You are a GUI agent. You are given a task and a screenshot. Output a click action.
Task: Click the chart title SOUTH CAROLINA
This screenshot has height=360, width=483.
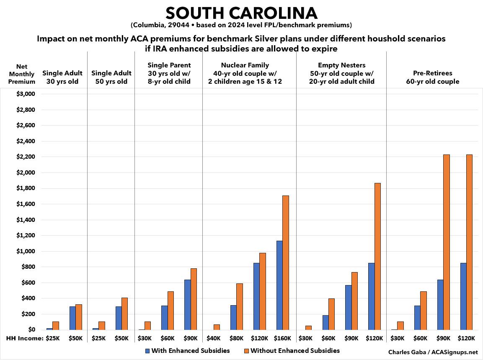pos(241,13)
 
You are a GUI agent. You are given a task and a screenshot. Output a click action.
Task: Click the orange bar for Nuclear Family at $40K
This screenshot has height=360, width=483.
pos(216,327)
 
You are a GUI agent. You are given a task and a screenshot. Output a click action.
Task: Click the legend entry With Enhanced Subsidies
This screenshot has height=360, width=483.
pos(187,351)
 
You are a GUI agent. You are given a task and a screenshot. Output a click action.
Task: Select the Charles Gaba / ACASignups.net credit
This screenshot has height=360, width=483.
pos(433,352)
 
